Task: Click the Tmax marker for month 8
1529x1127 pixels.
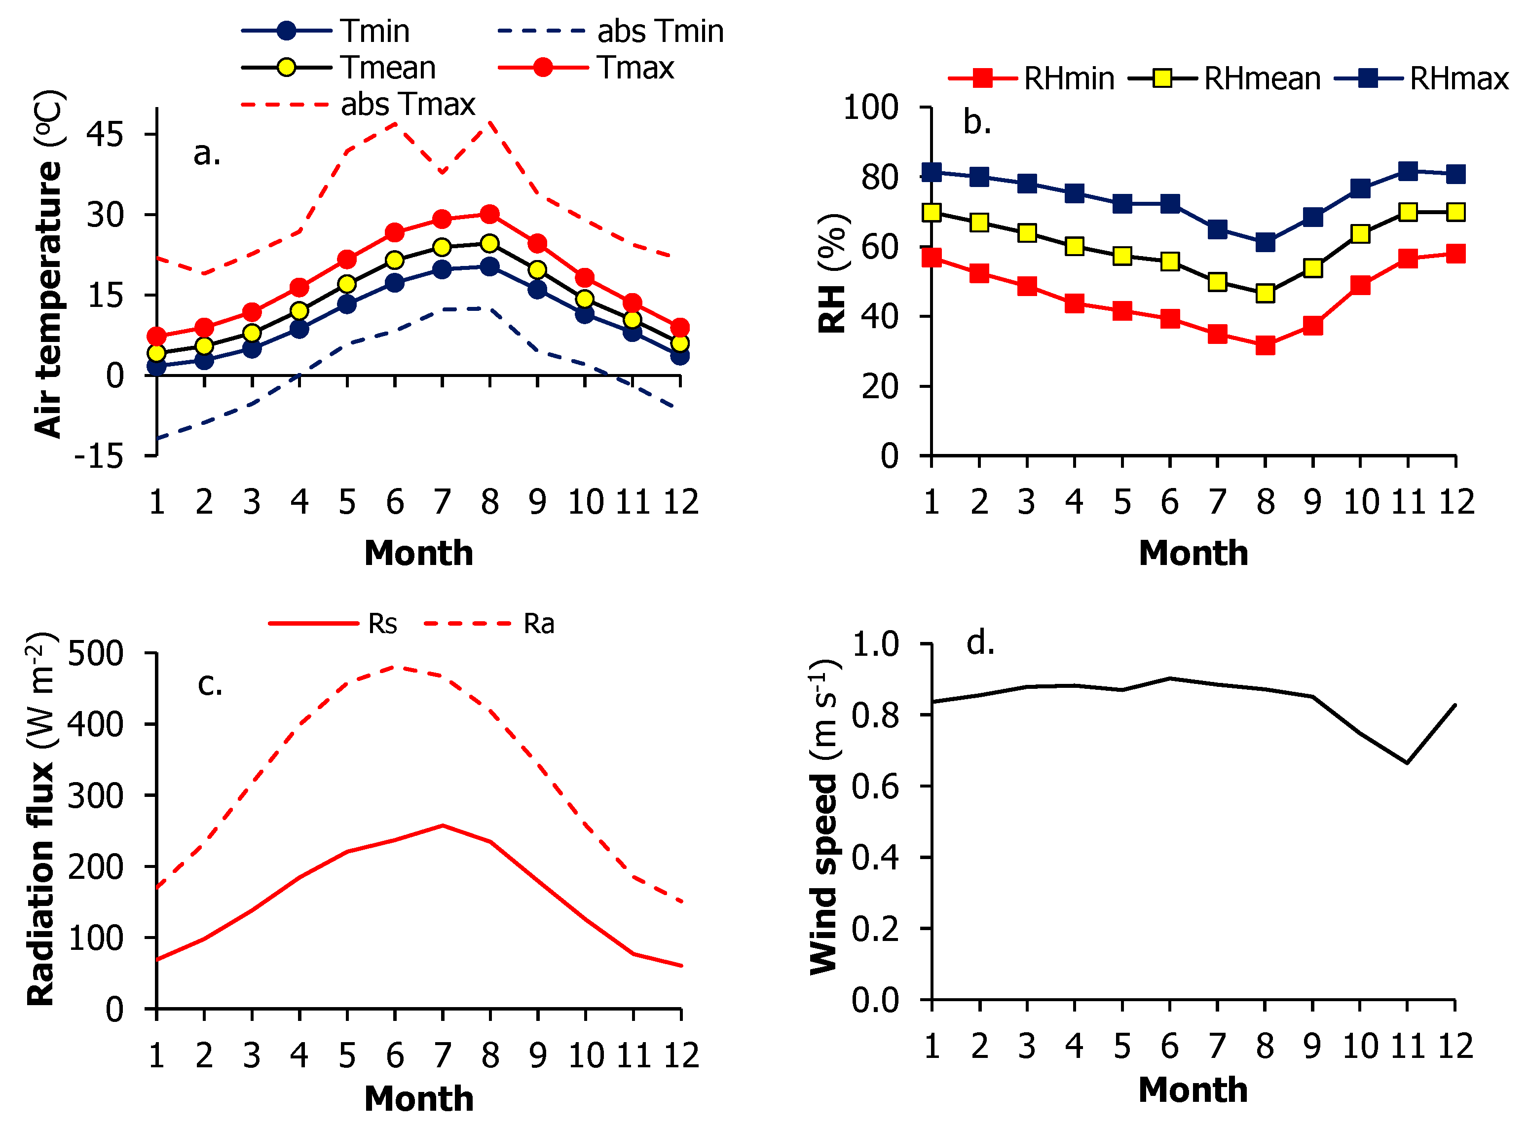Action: [489, 214]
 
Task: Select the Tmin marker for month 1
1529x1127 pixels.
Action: [157, 367]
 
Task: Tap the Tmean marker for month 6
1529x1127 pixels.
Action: [394, 260]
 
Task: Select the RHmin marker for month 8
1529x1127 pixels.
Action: [1265, 345]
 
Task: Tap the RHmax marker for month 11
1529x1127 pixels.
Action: [1407, 171]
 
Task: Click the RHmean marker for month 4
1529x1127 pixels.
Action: [1074, 246]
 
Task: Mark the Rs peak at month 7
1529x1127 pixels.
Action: [443, 826]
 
